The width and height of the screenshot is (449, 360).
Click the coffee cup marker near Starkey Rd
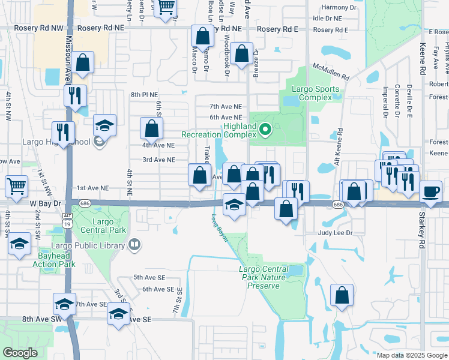[430, 192]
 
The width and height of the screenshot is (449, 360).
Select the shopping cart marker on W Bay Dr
[16, 186]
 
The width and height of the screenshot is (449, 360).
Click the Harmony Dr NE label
[339, 7]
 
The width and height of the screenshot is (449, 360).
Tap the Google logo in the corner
[20, 352]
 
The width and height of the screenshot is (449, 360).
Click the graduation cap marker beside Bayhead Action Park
[19, 244]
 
